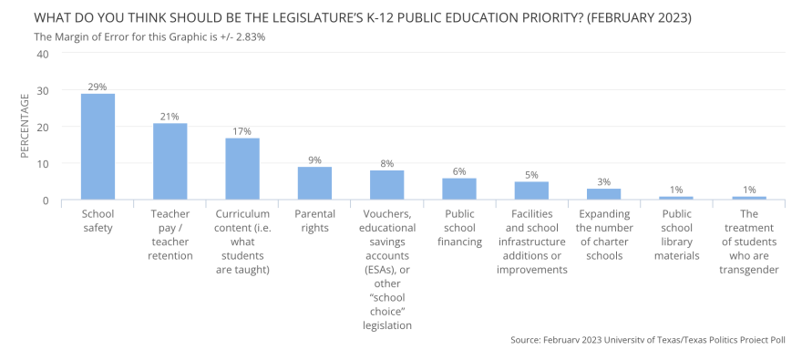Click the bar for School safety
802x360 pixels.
(98, 147)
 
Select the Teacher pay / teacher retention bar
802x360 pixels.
(170, 161)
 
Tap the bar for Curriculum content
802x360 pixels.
(242, 169)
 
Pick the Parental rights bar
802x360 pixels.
(314, 183)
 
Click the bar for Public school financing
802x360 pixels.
(459, 189)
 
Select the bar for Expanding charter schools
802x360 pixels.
(604, 194)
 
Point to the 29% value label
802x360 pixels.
(98, 87)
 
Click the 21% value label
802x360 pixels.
(170, 116)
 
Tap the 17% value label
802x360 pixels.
(242, 130)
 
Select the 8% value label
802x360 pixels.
(387, 163)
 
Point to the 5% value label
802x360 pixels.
(532, 174)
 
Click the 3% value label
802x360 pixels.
(604, 181)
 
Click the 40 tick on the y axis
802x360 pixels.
(42, 54)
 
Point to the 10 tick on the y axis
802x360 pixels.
(42, 163)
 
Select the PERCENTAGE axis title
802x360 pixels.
(25, 127)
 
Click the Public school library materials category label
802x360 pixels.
(676, 234)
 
